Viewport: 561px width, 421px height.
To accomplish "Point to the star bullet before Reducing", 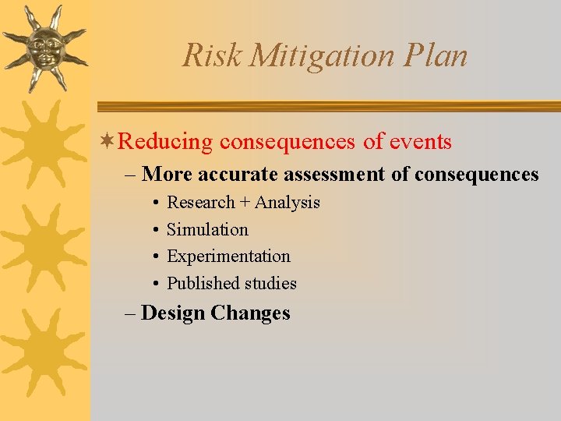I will [x=108, y=141].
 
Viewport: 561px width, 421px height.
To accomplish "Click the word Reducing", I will [x=165, y=142].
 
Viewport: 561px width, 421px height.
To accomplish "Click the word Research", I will [x=200, y=203].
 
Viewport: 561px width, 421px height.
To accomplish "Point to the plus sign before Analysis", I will [x=245, y=203].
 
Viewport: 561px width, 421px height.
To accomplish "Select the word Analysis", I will [x=288, y=203].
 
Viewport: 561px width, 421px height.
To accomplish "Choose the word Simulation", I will [x=207, y=230].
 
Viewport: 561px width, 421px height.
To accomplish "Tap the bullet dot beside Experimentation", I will [x=156, y=256].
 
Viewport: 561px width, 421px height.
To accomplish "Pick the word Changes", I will [x=250, y=313].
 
